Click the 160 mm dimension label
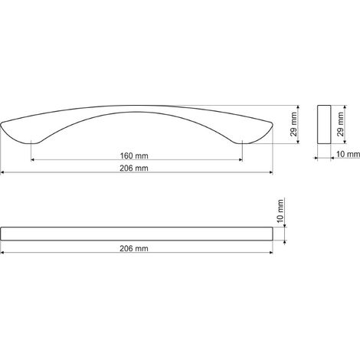pos(134,155)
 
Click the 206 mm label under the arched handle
pos(134,169)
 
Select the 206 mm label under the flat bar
pos(134,248)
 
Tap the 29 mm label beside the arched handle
pos(294,124)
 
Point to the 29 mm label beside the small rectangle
pos(340,124)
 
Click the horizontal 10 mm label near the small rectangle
pos(348,154)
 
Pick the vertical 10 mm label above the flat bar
pos(280,211)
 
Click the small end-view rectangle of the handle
pos(324,124)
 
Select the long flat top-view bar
pos(137,234)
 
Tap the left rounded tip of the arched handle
pos(2,124)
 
